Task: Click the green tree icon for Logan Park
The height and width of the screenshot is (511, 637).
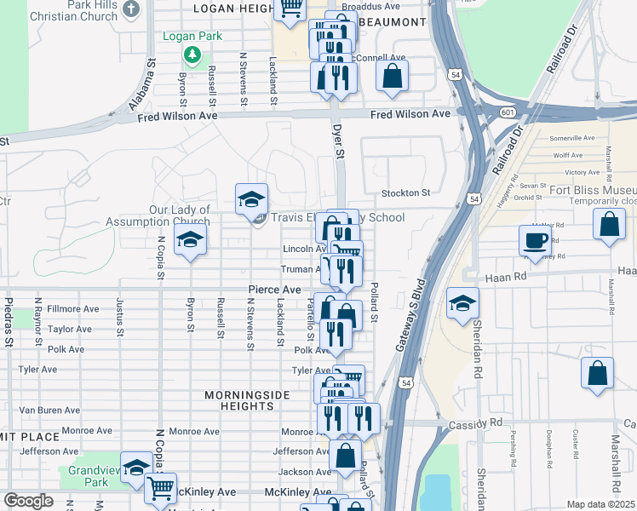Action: pos(192,55)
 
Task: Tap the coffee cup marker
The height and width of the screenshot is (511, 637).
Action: pos(535,240)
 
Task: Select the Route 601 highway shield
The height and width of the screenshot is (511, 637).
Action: pos(507,112)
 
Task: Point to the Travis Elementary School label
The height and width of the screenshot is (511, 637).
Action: pos(332,217)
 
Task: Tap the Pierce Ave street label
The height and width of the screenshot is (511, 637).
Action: pos(274,290)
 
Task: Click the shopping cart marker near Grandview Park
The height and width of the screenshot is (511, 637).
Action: pos(159,489)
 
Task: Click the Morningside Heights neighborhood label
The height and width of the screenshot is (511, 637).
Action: pos(247,400)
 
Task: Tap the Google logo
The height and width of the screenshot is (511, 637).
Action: pos(28,500)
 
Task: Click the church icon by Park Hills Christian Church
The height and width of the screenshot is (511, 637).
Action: pos(130,9)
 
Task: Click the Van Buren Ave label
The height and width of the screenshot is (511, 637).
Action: pos(49,410)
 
